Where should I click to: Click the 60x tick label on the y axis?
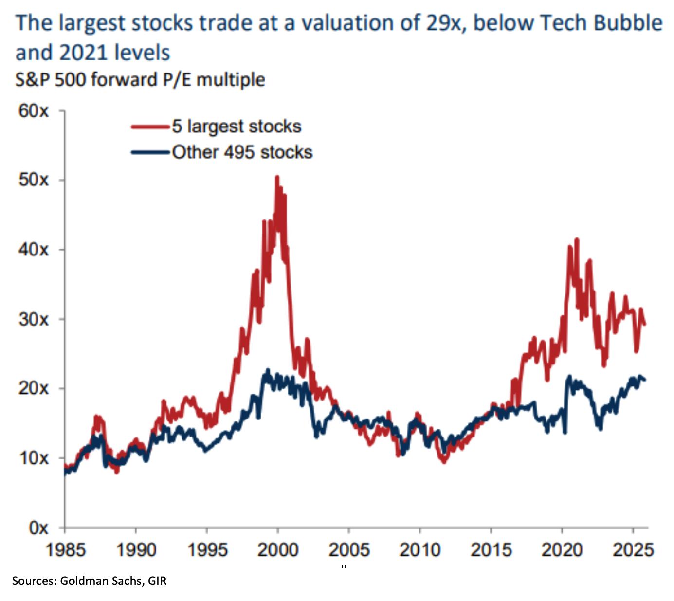point(34,111)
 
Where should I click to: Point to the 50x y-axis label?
point(34,180)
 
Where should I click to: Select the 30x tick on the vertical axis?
point(34,319)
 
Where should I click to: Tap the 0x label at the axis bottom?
point(38,528)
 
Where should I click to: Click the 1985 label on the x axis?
point(65,550)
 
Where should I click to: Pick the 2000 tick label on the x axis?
point(278,550)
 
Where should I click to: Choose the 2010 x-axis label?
point(419,550)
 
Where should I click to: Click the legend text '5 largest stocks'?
point(237,127)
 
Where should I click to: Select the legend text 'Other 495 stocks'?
point(242,152)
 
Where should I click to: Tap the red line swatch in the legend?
point(150,127)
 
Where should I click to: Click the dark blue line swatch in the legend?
point(150,153)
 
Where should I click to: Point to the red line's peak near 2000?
point(277,177)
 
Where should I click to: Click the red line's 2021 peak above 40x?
point(577,239)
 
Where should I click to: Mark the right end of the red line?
point(645,325)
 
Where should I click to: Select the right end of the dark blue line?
point(645,380)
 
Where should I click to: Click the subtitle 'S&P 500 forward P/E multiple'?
point(140,79)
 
